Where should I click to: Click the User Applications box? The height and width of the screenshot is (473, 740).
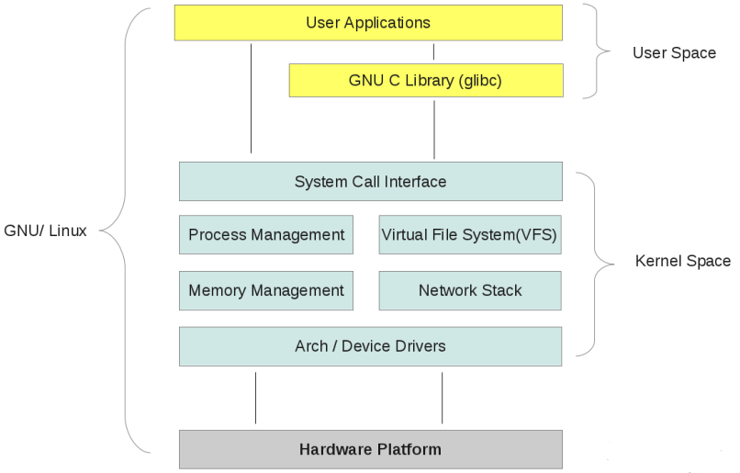pyautogui.click(x=367, y=23)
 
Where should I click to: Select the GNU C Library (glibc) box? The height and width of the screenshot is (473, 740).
pyautogui.click(x=425, y=81)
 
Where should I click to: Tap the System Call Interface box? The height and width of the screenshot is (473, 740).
pyautogui.click(x=370, y=182)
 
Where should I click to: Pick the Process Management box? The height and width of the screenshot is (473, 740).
pyautogui.click(x=266, y=235)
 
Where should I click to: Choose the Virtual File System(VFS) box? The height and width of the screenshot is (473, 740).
pyautogui.click(x=469, y=235)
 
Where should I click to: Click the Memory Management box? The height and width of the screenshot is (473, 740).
pyautogui.click(x=266, y=291)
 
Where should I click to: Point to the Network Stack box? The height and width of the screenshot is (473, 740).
pyautogui.click(x=469, y=291)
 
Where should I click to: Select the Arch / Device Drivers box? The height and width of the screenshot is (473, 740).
pyautogui.click(x=370, y=346)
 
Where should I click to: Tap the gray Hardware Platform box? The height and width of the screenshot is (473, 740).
pyautogui.click(x=370, y=450)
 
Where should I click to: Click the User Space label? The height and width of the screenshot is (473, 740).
pyautogui.click(x=674, y=53)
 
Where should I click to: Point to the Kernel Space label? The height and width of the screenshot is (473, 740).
pyautogui.click(x=682, y=262)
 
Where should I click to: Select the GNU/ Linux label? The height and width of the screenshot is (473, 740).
pyautogui.click(x=46, y=231)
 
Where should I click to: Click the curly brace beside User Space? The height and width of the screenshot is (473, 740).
pyautogui.click(x=597, y=51)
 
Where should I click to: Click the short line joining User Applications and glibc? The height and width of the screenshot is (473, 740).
pyautogui.click(x=434, y=51)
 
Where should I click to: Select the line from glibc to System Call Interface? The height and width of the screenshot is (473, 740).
pyautogui.click(x=434, y=129)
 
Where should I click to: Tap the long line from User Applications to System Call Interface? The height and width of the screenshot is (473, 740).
pyautogui.click(x=251, y=96)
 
